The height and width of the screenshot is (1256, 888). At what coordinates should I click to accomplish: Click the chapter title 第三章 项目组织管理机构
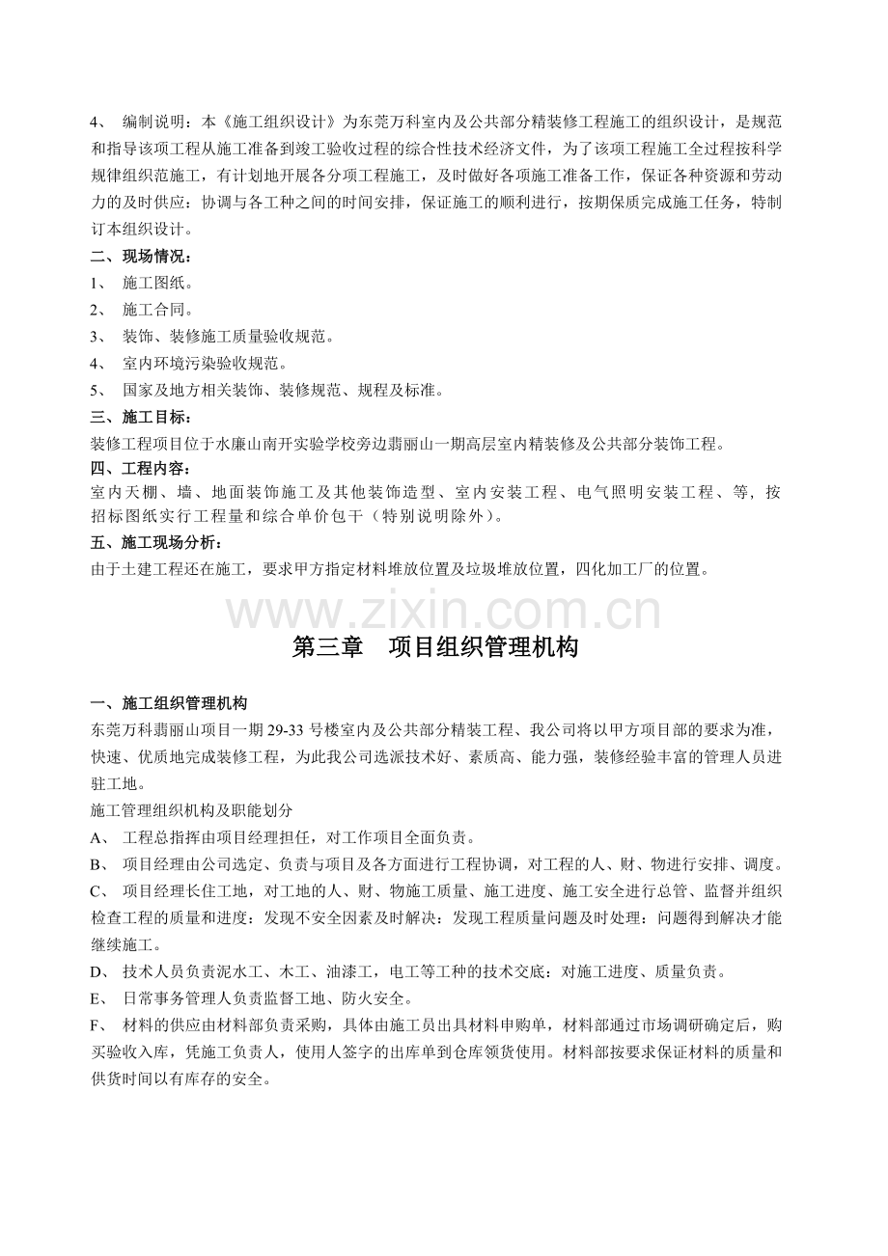point(435,648)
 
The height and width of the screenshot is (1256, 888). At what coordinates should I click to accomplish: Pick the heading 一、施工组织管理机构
point(168,702)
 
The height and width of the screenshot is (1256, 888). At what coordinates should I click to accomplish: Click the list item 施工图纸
point(158,284)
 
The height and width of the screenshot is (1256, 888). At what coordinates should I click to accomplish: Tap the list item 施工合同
point(158,310)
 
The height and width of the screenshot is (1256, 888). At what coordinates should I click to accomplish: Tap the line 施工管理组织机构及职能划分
point(191,810)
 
